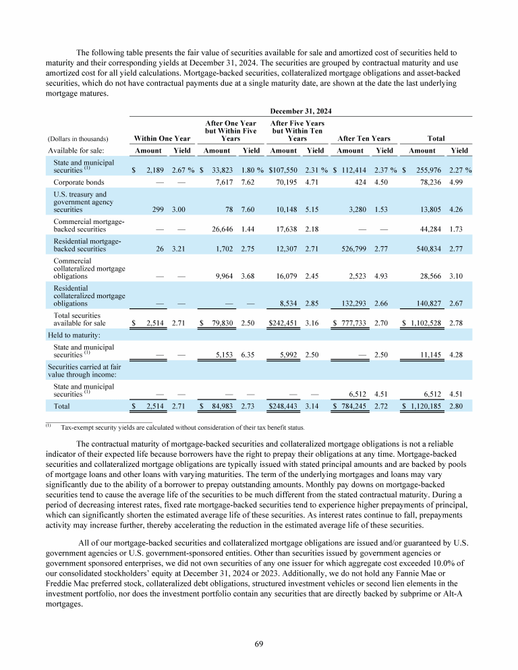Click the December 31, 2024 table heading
tap(300, 110)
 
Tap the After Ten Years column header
tap(364, 138)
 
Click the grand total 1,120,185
tap(423, 406)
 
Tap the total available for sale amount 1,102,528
tap(423, 323)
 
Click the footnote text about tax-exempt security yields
tap(183, 427)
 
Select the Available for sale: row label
tap(74, 150)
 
